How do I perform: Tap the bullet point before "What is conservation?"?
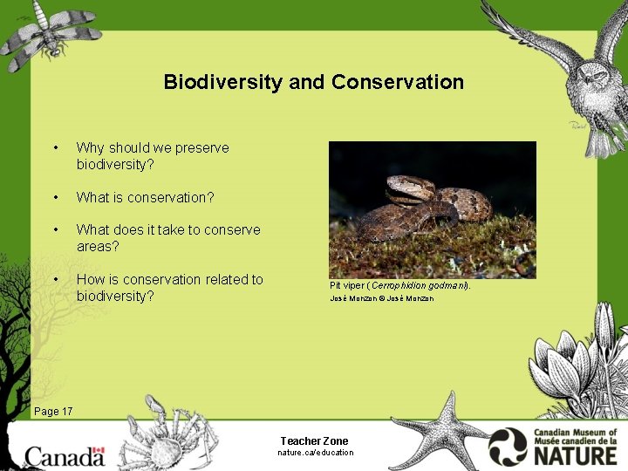[x=56, y=197]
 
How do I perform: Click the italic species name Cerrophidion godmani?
[x=419, y=285]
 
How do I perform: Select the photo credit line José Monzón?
[x=381, y=299]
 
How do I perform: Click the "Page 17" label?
[x=53, y=411]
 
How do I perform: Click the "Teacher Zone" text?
[x=314, y=440]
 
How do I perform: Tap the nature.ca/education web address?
[x=315, y=453]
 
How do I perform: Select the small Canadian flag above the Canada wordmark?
[x=99, y=452]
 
